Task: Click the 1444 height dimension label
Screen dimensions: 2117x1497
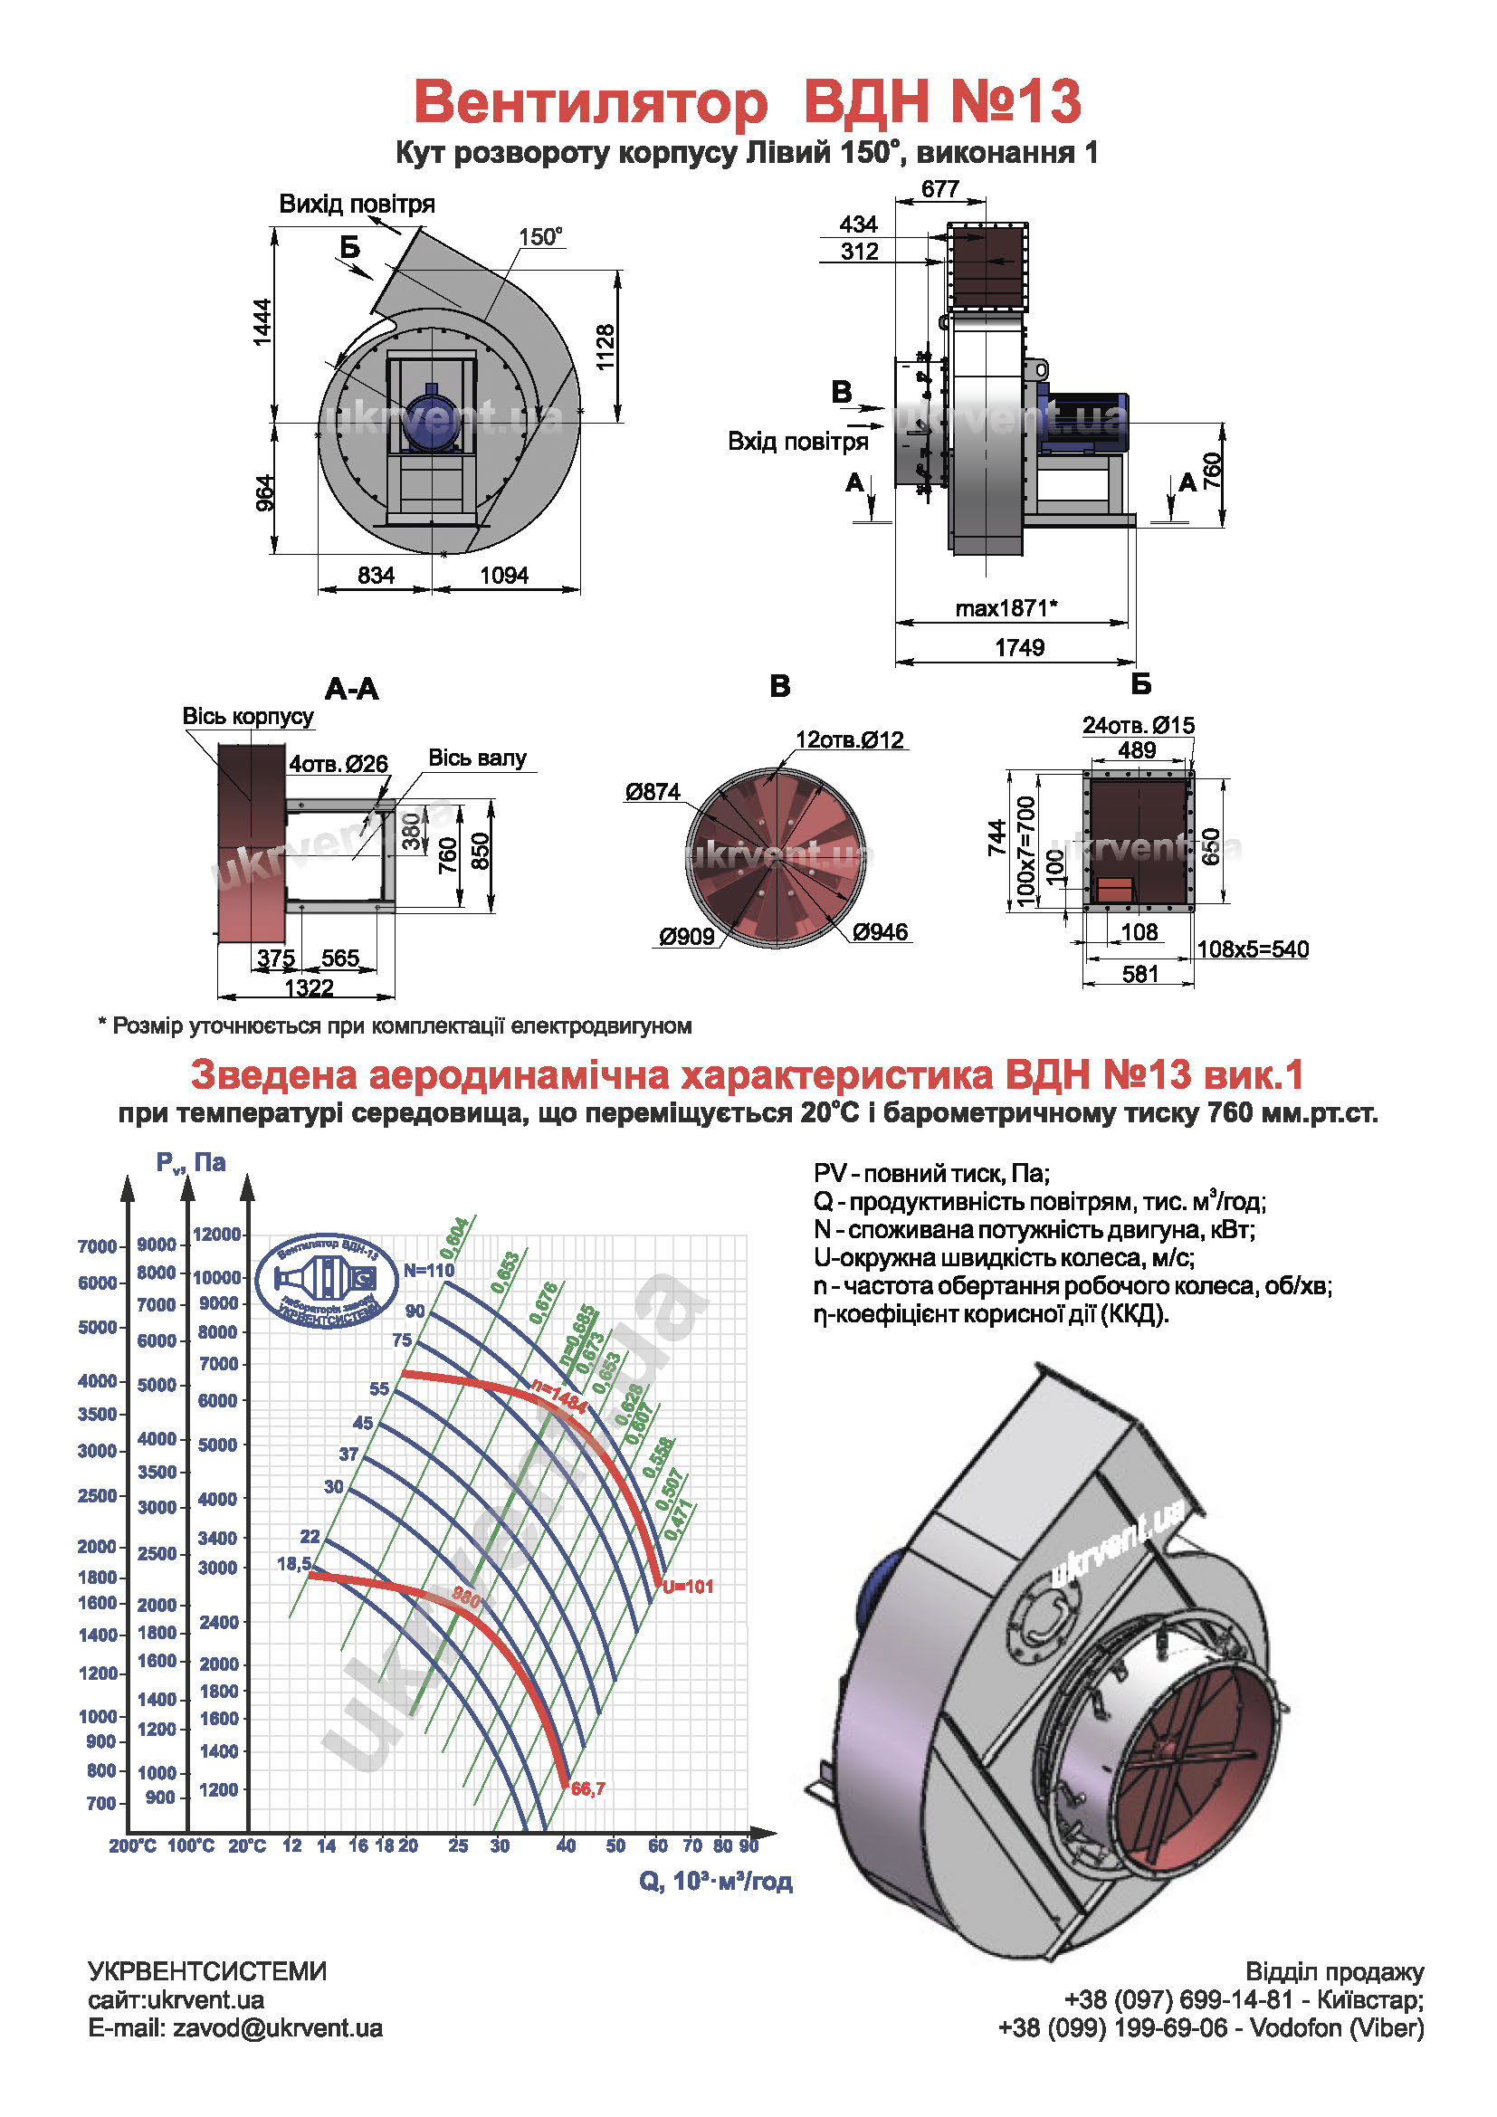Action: click(262, 322)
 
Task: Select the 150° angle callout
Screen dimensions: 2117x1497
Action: click(540, 237)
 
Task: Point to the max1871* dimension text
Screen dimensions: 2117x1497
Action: click(1006, 607)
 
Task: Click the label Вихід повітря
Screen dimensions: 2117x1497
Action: click(357, 204)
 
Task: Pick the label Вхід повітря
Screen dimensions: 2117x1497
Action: click(797, 442)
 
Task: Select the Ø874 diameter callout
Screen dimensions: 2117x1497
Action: click(652, 791)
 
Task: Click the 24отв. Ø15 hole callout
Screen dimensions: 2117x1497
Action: click(1138, 726)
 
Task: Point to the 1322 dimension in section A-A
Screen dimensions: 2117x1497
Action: click(308, 988)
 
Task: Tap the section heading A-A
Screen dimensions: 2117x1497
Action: click(351, 689)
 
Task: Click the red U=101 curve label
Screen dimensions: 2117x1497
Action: click(688, 1587)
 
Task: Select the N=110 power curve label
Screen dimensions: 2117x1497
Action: click(429, 1270)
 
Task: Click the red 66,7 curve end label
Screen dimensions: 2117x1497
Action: click(588, 1788)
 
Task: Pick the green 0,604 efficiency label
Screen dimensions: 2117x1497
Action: click(454, 1237)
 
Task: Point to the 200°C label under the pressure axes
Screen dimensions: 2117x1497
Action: click(133, 1845)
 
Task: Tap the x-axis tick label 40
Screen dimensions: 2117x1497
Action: click(566, 1845)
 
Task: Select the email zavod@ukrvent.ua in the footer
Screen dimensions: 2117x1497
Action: click(277, 2027)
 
